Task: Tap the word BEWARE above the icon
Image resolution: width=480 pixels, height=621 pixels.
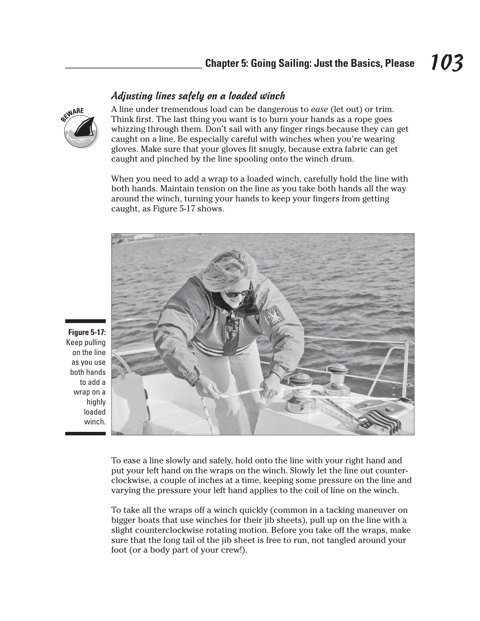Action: pyautogui.click(x=72, y=114)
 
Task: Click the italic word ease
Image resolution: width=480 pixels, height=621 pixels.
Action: pyautogui.click(x=319, y=109)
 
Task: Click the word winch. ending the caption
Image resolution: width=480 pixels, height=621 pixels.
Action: pyautogui.click(x=95, y=422)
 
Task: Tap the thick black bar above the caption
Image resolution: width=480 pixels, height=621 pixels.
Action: pyautogui.click(x=85, y=321)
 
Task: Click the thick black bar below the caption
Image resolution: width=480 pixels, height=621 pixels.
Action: pyautogui.click(x=85, y=433)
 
